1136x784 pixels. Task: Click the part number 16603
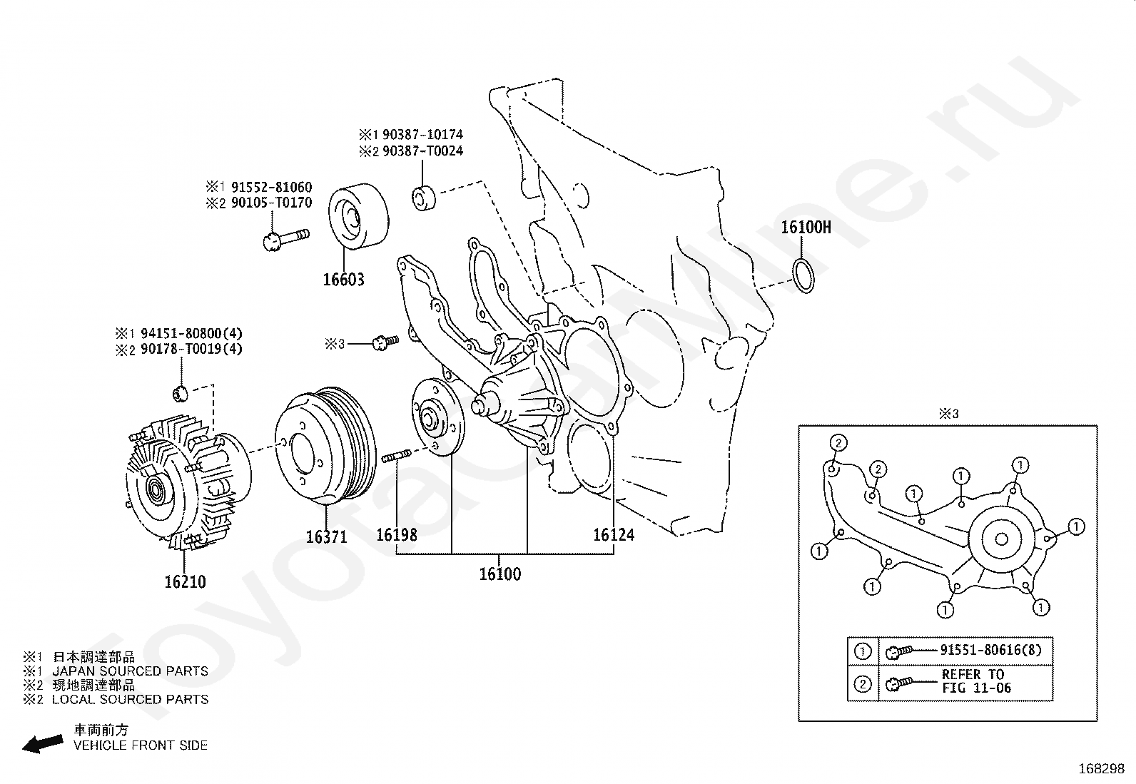[x=343, y=280]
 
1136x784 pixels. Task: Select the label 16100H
[x=806, y=227]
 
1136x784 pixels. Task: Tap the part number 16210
[x=185, y=581]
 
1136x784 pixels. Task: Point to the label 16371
[x=326, y=536]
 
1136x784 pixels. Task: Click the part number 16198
[x=397, y=534]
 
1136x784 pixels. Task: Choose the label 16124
[x=614, y=534]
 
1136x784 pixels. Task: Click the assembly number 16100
[x=500, y=574]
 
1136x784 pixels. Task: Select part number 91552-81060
[x=271, y=187]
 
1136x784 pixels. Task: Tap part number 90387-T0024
[x=422, y=151]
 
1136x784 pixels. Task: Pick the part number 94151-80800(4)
[x=191, y=333]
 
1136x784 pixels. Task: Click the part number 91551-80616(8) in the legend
[x=990, y=650]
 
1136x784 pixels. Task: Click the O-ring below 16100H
[x=803, y=275]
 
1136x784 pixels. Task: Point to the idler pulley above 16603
[x=358, y=216]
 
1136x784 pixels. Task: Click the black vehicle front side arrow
[x=43, y=743]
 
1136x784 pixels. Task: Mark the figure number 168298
[x=1102, y=769]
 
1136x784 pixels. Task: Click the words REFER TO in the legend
[x=973, y=674]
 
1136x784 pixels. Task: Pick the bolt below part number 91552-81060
[x=287, y=240]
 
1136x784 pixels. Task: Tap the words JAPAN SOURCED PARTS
[x=131, y=671]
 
